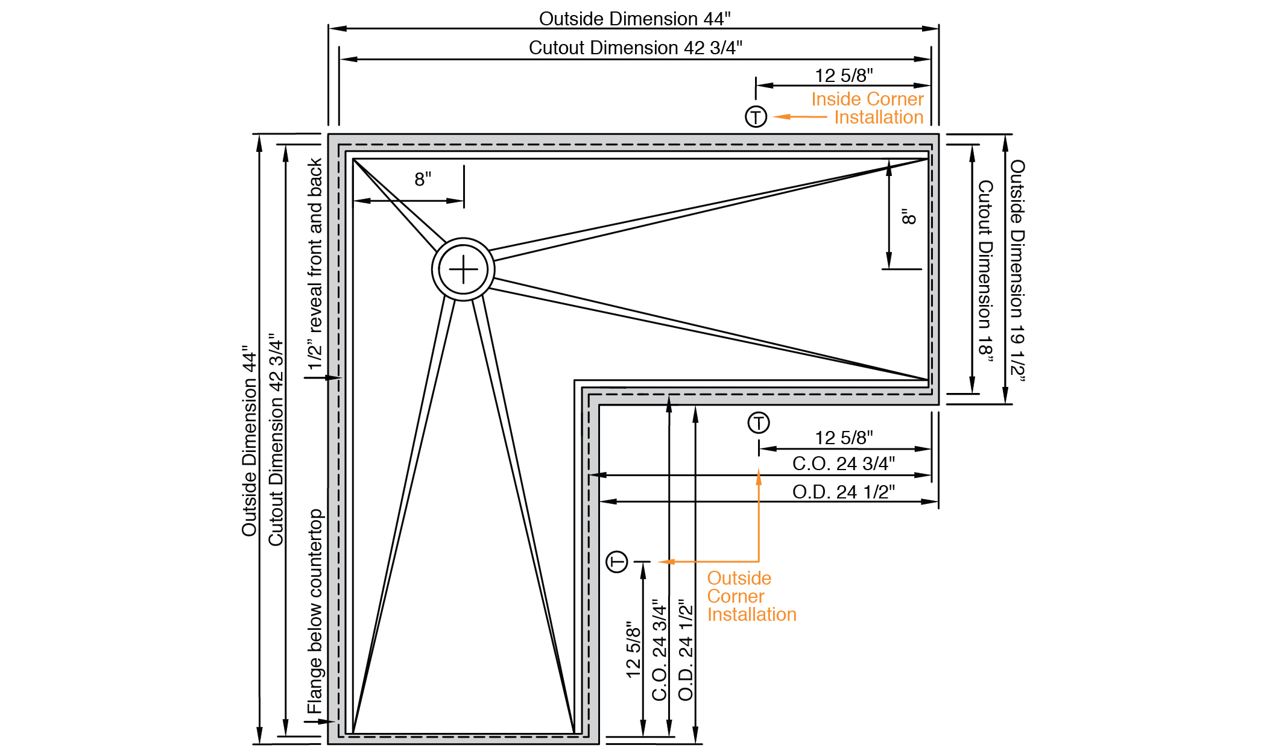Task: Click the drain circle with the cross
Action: click(x=463, y=269)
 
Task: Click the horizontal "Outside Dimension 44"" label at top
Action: click(x=634, y=19)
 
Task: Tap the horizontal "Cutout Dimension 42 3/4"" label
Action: click(x=635, y=48)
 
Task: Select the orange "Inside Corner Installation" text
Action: click(x=867, y=108)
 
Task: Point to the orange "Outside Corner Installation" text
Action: click(x=751, y=596)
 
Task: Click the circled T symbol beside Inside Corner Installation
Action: click(x=756, y=116)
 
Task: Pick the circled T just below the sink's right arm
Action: click(x=759, y=423)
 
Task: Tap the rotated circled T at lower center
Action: click(x=617, y=562)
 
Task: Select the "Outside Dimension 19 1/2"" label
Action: click(x=1017, y=270)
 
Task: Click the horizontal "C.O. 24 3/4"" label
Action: click(x=843, y=463)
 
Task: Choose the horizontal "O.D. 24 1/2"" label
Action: click(x=843, y=492)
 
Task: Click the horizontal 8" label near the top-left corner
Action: click(x=423, y=179)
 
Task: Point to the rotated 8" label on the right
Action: click(x=909, y=216)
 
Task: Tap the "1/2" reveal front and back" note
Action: click(x=315, y=264)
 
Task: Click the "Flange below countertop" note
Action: click(x=315, y=611)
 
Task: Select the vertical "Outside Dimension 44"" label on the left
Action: click(x=249, y=441)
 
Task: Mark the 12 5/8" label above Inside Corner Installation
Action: click(x=844, y=75)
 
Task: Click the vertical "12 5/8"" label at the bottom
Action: click(x=633, y=649)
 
